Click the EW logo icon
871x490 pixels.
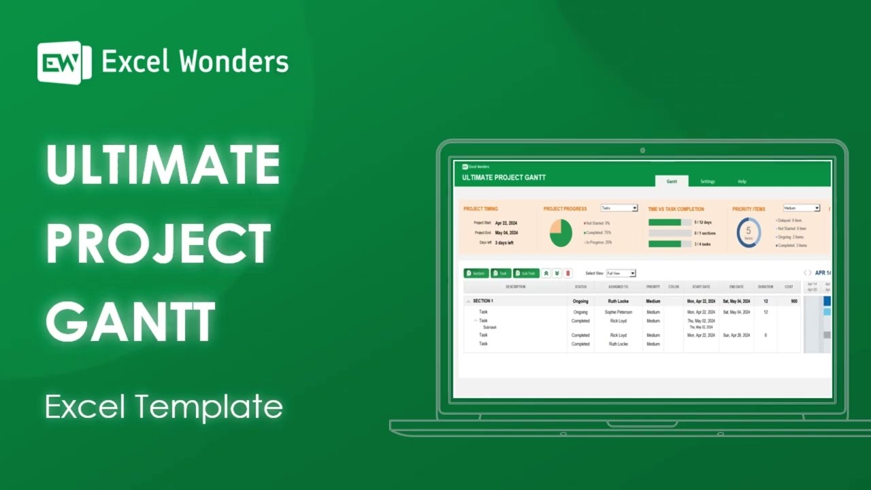pyautogui.click(x=64, y=63)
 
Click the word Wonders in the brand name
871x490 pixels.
pyautogui.click(x=233, y=62)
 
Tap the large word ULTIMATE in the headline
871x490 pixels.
pyautogui.click(x=163, y=165)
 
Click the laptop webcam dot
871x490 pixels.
pyautogui.click(x=642, y=150)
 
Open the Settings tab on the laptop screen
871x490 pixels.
pyautogui.click(x=708, y=182)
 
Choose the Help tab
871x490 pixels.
pyautogui.click(x=742, y=182)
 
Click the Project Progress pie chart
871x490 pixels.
pyautogui.click(x=561, y=233)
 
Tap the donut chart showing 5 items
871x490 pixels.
pyautogui.click(x=749, y=233)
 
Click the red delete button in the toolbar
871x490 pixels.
pyautogui.click(x=568, y=273)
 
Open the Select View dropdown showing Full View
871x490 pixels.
pyautogui.click(x=621, y=273)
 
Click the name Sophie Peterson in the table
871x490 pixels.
pyautogui.click(x=619, y=312)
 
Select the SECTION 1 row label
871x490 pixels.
pyautogui.click(x=483, y=301)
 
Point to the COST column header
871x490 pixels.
pyautogui.click(x=789, y=287)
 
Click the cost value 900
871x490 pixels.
pyautogui.click(x=794, y=301)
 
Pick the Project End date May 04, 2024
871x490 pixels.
pyautogui.click(x=506, y=233)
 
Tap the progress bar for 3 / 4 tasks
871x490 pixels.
pyautogui.click(x=670, y=244)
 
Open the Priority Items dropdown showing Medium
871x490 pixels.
pyautogui.click(x=801, y=208)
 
